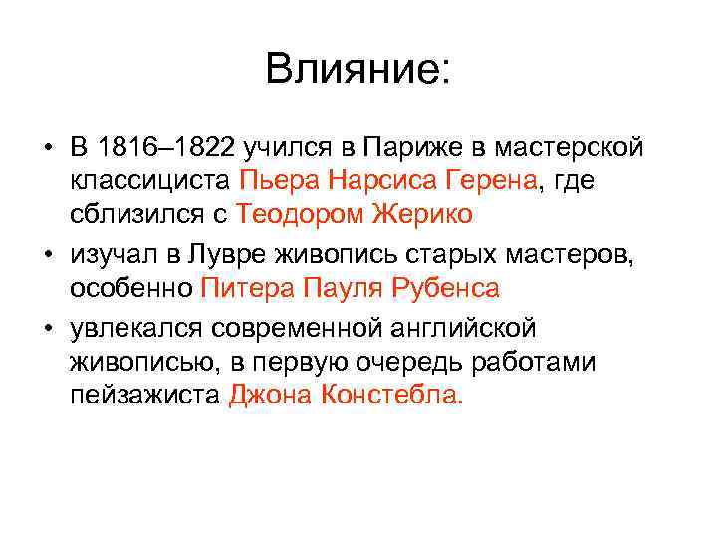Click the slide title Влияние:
(358, 69)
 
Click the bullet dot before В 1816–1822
(47, 149)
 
